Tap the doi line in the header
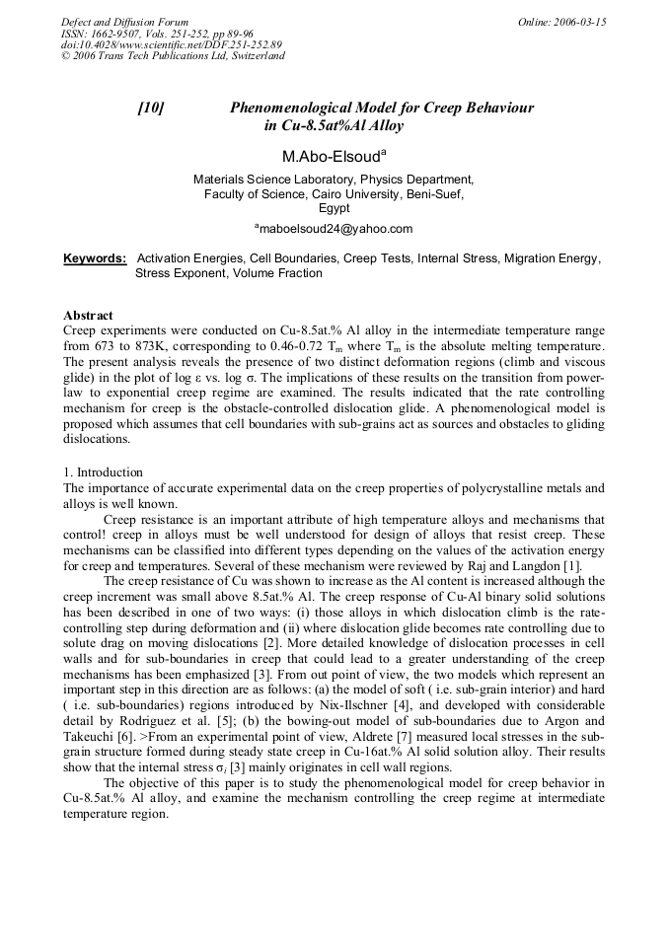click(171, 44)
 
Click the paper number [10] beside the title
click(150, 109)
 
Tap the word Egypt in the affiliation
click(334, 208)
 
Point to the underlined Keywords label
click(95, 258)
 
